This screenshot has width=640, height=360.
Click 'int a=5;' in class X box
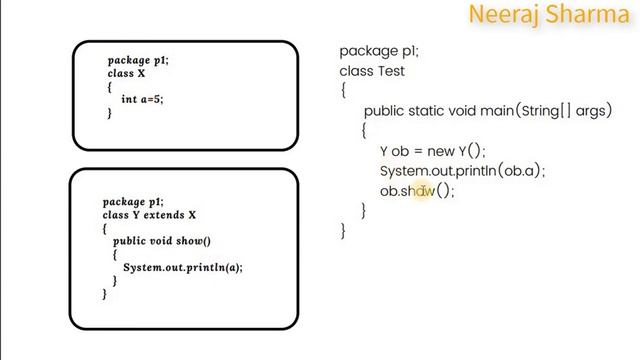141,100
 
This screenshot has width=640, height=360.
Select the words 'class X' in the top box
127,74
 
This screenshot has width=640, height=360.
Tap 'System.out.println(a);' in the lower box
182,267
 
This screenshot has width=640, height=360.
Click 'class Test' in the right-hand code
372,71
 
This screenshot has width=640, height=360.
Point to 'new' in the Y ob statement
440,151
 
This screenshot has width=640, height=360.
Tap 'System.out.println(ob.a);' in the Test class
462,171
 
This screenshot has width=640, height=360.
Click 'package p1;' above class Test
379,51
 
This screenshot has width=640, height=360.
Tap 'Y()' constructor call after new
470,151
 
